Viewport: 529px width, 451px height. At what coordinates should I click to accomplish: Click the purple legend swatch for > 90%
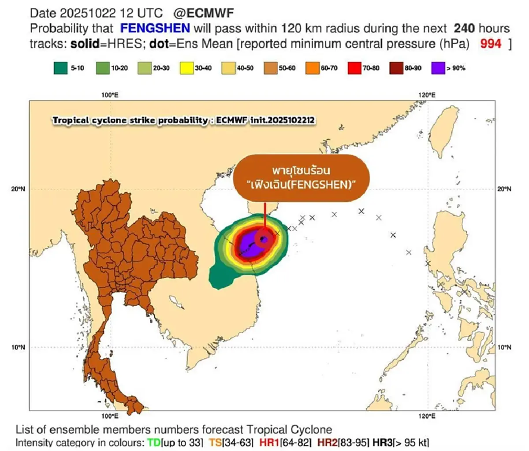tap(438, 68)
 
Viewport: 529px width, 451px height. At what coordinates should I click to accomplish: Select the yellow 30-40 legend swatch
tap(186, 68)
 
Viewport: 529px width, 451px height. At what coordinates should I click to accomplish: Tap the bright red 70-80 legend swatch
tap(354, 68)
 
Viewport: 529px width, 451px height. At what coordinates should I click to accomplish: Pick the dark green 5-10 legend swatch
tap(61, 68)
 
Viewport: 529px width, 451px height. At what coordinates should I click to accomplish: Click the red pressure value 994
tap(491, 44)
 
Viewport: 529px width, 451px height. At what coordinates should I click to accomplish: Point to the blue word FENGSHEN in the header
tap(155, 29)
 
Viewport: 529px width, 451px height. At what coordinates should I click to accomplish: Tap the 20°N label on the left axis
tap(18, 189)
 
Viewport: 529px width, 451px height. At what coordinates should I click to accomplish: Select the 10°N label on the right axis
tap(504, 347)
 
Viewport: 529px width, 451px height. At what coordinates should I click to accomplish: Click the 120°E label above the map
tap(427, 95)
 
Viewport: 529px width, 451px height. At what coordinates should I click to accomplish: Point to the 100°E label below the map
tap(110, 416)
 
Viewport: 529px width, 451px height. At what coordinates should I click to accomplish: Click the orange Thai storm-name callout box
tap(301, 178)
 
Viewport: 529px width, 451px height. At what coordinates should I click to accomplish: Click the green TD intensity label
tap(154, 443)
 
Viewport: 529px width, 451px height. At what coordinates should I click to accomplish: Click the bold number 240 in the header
tap(464, 29)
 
